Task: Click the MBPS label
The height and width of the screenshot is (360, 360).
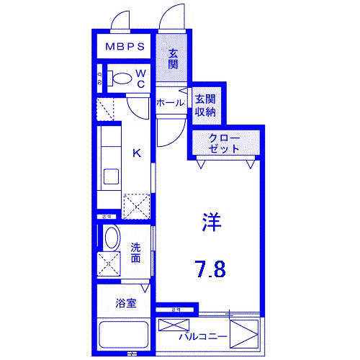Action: tap(126, 48)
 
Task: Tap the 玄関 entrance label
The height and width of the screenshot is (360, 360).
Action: tap(173, 58)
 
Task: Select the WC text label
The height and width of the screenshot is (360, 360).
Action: tap(141, 78)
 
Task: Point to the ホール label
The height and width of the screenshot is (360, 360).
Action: tap(171, 103)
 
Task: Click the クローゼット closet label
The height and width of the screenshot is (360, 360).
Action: tap(224, 142)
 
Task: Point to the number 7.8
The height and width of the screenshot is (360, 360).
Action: tap(210, 269)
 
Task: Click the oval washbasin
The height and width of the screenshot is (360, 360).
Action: tap(112, 237)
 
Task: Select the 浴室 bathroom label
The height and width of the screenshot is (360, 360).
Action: tap(126, 303)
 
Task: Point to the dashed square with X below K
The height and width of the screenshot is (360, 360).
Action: tap(137, 205)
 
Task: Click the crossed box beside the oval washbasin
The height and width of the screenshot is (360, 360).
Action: tap(110, 263)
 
